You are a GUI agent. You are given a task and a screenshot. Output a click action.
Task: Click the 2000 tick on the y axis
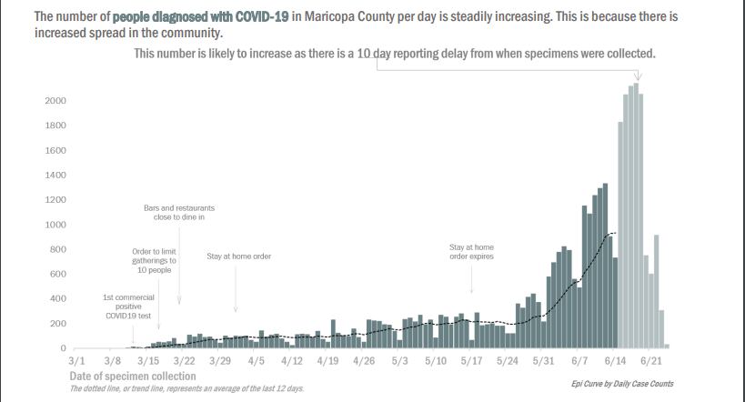click(x=55, y=100)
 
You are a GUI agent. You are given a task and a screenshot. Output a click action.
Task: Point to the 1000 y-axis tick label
click(x=55, y=225)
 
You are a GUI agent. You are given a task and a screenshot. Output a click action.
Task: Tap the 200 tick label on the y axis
click(x=57, y=324)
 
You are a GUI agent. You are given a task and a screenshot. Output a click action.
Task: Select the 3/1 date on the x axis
click(x=77, y=361)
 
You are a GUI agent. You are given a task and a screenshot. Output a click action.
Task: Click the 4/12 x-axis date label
click(x=291, y=361)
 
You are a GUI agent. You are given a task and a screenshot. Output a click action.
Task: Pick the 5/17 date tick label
click(x=470, y=361)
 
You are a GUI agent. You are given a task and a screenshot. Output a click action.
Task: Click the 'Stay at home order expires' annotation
click(x=471, y=251)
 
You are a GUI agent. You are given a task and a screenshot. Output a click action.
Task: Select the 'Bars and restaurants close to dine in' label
click(x=179, y=213)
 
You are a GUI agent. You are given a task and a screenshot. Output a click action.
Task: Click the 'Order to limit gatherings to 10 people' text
click(x=154, y=260)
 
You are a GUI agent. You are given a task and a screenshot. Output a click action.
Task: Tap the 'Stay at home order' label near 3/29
click(x=238, y=256)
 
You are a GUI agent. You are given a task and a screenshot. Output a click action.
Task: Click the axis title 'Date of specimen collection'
click(x=132, y=376)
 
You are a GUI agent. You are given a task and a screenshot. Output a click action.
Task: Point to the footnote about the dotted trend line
click(x=186, y=388)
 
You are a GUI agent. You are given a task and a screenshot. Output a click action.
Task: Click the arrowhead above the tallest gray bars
click(x=638, y=77)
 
